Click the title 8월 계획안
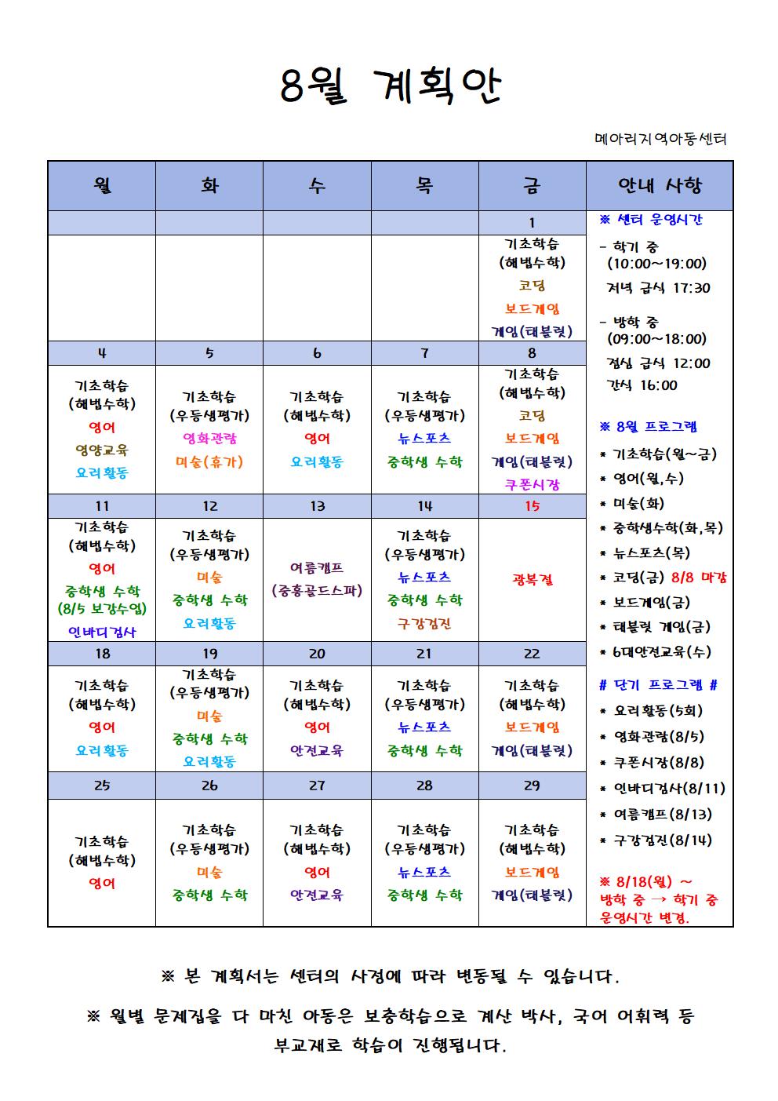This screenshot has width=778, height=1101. click(390, 86)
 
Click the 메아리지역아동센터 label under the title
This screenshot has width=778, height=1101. click(660, 140)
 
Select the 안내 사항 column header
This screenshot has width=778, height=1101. click(660, 185)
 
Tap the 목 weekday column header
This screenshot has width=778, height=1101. click(424, 185)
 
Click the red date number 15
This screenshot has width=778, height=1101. click(532, 506)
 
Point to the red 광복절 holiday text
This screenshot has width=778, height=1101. click(532, 580)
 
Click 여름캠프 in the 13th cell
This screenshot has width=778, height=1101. click(317, 567)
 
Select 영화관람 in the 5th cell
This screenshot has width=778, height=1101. click(209, 438)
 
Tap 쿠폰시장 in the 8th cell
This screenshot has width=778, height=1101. click(532, 484)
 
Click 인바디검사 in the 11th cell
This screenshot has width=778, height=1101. click(102, 632)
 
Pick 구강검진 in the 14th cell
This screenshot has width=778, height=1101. click(424, 624)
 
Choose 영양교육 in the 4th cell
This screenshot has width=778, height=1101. click(102, 450)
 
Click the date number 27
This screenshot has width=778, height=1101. click(317, 785)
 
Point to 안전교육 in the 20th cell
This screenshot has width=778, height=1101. click(317, 750)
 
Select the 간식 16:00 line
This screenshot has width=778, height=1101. click(642, 385)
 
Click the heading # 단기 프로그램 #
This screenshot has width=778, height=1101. click(658, 685)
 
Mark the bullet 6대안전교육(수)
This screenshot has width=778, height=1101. click(655, 651)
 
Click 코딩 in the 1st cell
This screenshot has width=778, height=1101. click(532, 286)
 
